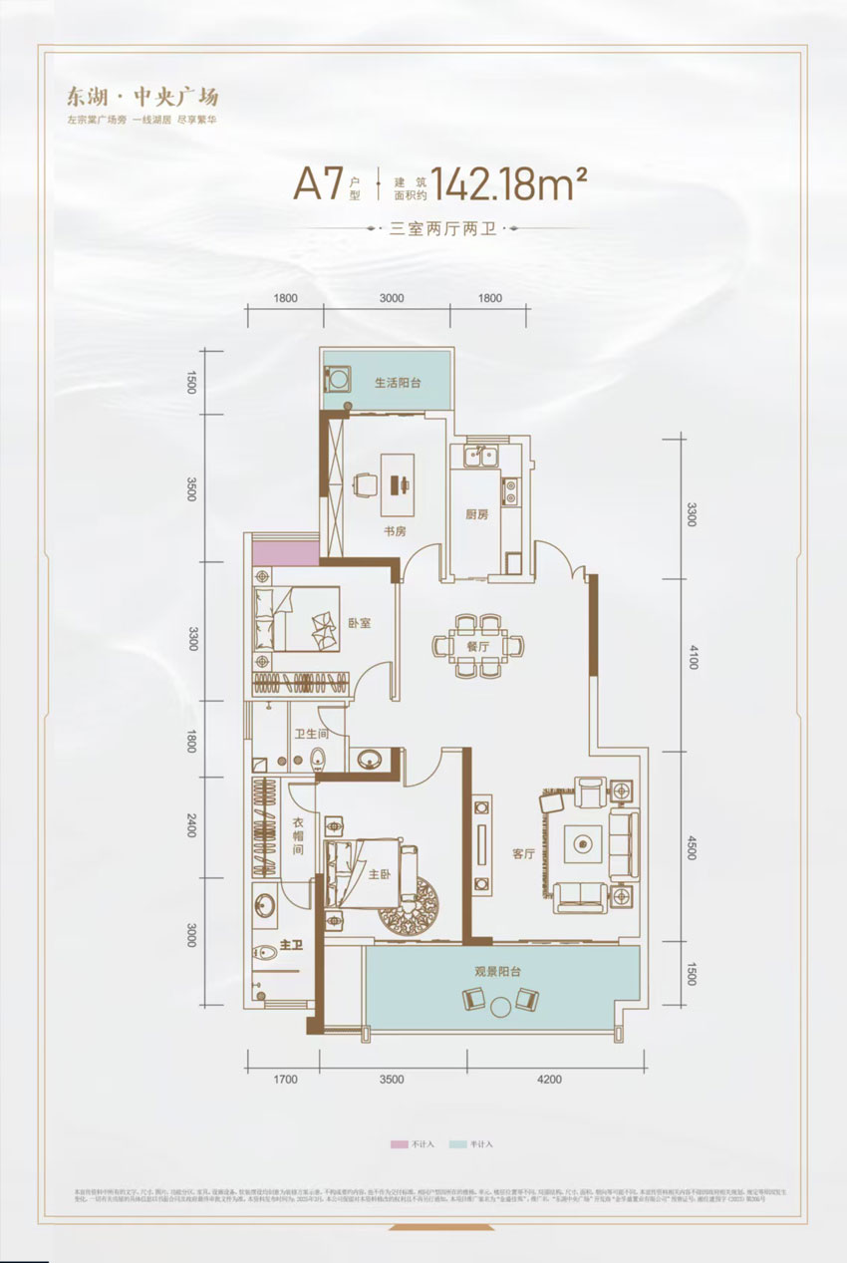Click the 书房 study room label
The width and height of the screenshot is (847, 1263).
tap(396, 531)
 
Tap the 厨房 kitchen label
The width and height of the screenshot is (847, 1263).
tap(476, 515)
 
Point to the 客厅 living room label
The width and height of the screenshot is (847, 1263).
tap(523, 854)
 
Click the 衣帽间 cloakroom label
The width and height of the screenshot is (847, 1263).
tap(298, 837)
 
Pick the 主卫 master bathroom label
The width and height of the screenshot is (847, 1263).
tap(291, 944)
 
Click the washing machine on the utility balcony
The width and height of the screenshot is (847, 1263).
tap(338, 382)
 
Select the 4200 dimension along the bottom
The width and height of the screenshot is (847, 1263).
tap(547, 1079)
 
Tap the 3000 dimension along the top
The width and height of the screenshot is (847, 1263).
tap(391, 297)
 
